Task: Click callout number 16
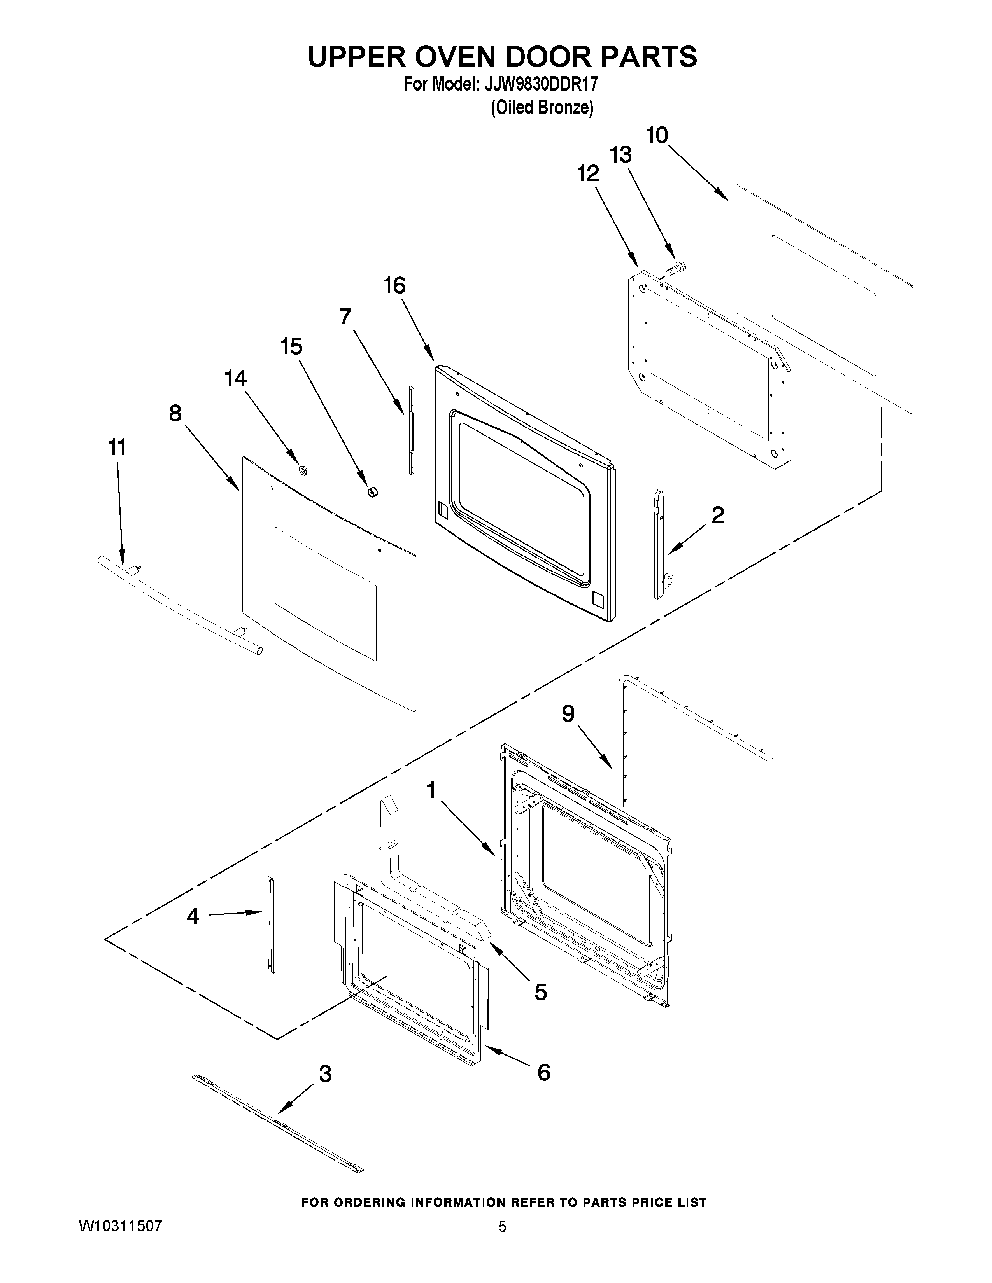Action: [x=394, y=286]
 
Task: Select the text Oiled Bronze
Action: [x=542, y=108]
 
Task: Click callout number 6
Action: [x=543, y=1073]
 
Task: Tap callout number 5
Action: [x=541, y=992]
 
